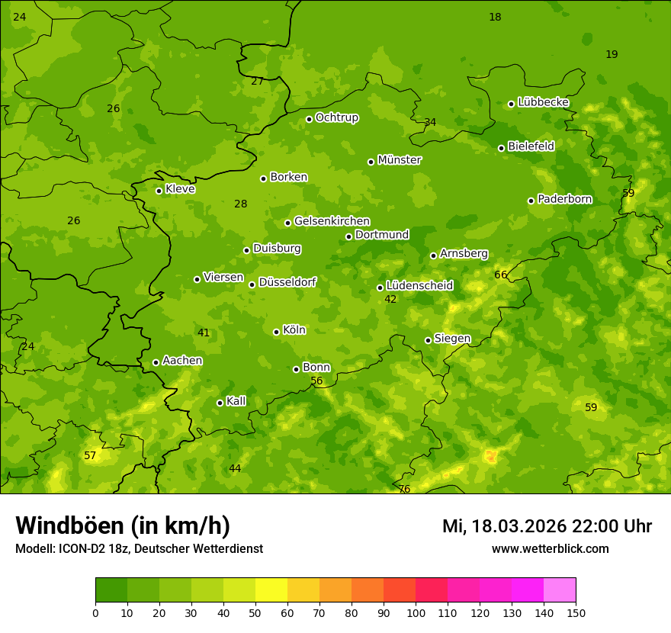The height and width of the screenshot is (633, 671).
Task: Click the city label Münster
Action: point(399,160)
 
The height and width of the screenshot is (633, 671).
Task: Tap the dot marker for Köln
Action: point(276,332)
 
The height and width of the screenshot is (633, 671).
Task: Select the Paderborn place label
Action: point(564,199)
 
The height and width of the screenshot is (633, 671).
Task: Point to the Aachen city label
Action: point(182,361)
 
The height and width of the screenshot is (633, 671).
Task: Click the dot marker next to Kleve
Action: point(159,191)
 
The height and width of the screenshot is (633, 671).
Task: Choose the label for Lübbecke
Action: point(543,102)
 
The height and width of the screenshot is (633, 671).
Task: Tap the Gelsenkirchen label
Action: point(332,221)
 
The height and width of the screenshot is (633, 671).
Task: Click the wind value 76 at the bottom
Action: point(404,489)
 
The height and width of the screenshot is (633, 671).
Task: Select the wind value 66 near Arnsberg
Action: point(500,275)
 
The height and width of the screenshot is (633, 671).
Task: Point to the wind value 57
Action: point(90,455)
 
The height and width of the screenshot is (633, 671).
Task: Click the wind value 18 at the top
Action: point(495,17)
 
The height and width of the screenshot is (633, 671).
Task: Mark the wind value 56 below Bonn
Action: point(316,381)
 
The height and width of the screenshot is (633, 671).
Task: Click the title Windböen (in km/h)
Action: point(123,525)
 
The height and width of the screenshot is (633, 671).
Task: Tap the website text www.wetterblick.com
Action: point(550,548)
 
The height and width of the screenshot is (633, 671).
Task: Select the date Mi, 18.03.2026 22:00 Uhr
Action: point(547,526)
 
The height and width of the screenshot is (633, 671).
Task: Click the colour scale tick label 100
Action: point(416,612)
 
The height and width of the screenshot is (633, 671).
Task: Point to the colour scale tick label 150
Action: point(576,612)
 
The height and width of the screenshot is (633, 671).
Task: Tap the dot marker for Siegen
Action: point(428,340)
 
